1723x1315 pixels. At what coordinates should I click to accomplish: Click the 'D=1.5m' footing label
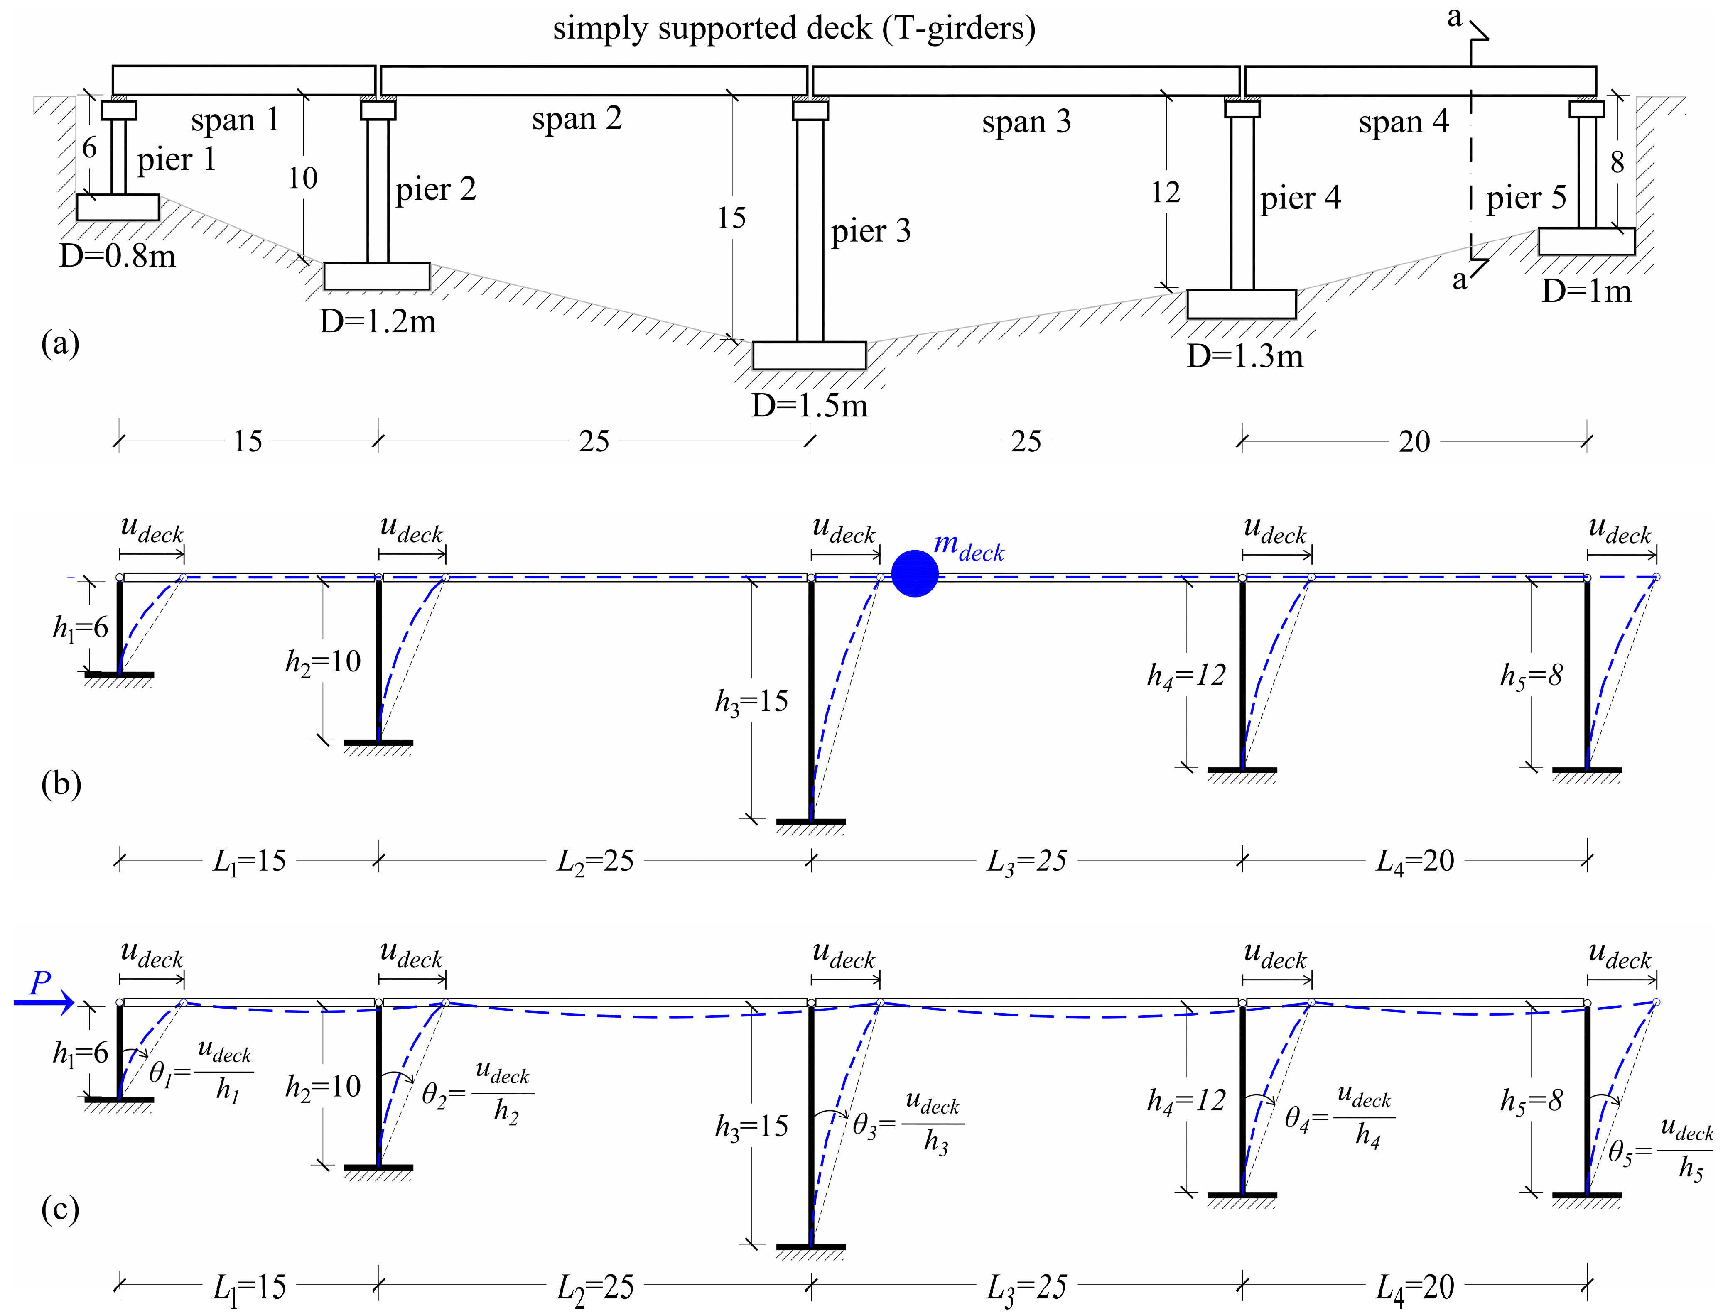(810, 405)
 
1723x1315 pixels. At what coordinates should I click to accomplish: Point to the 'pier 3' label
(871, 231)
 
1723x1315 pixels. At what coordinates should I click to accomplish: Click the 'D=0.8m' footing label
(118, 256)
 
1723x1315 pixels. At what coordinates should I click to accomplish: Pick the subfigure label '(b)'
(60, 784)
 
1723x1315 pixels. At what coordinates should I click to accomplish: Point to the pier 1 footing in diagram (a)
(118, 208)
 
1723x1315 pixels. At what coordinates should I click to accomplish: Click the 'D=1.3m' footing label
(1245, 356)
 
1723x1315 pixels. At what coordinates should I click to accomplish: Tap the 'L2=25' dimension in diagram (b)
(595, 861)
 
